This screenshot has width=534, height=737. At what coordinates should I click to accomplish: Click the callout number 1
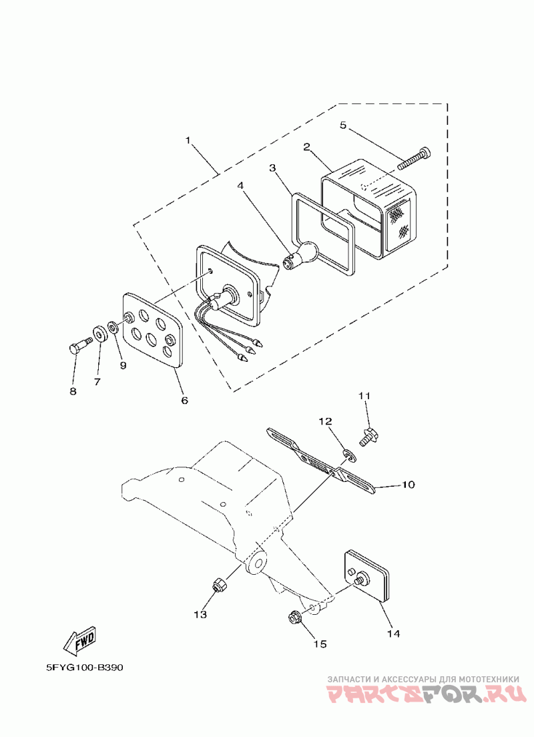coord(188,141)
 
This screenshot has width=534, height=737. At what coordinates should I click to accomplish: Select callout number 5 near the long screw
coord(342,125)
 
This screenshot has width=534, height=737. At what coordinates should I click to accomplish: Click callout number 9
coord(123,365)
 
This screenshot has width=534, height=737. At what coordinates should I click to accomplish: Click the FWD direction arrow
coord(79,642)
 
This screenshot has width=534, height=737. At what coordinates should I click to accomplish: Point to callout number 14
coord(393,633)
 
